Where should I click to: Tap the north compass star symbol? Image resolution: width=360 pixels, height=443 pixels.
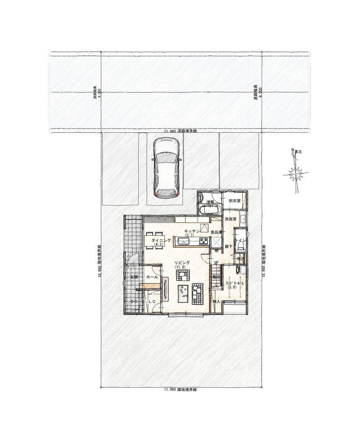pyautogui.click(x=295, y=175)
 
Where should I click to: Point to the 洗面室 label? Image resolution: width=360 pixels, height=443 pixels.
pyautogui.click(x=230, y=219)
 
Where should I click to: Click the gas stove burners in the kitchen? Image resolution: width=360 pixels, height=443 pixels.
pyautogui.click(x=203, y=241)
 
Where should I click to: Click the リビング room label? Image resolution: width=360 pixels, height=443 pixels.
pyautogui.click(x=180, y=263)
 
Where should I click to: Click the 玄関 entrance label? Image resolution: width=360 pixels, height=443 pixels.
pyautogui.click(x=134, y=277)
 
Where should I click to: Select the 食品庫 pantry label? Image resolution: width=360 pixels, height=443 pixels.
pyautogui.click(x=216, y=232)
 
